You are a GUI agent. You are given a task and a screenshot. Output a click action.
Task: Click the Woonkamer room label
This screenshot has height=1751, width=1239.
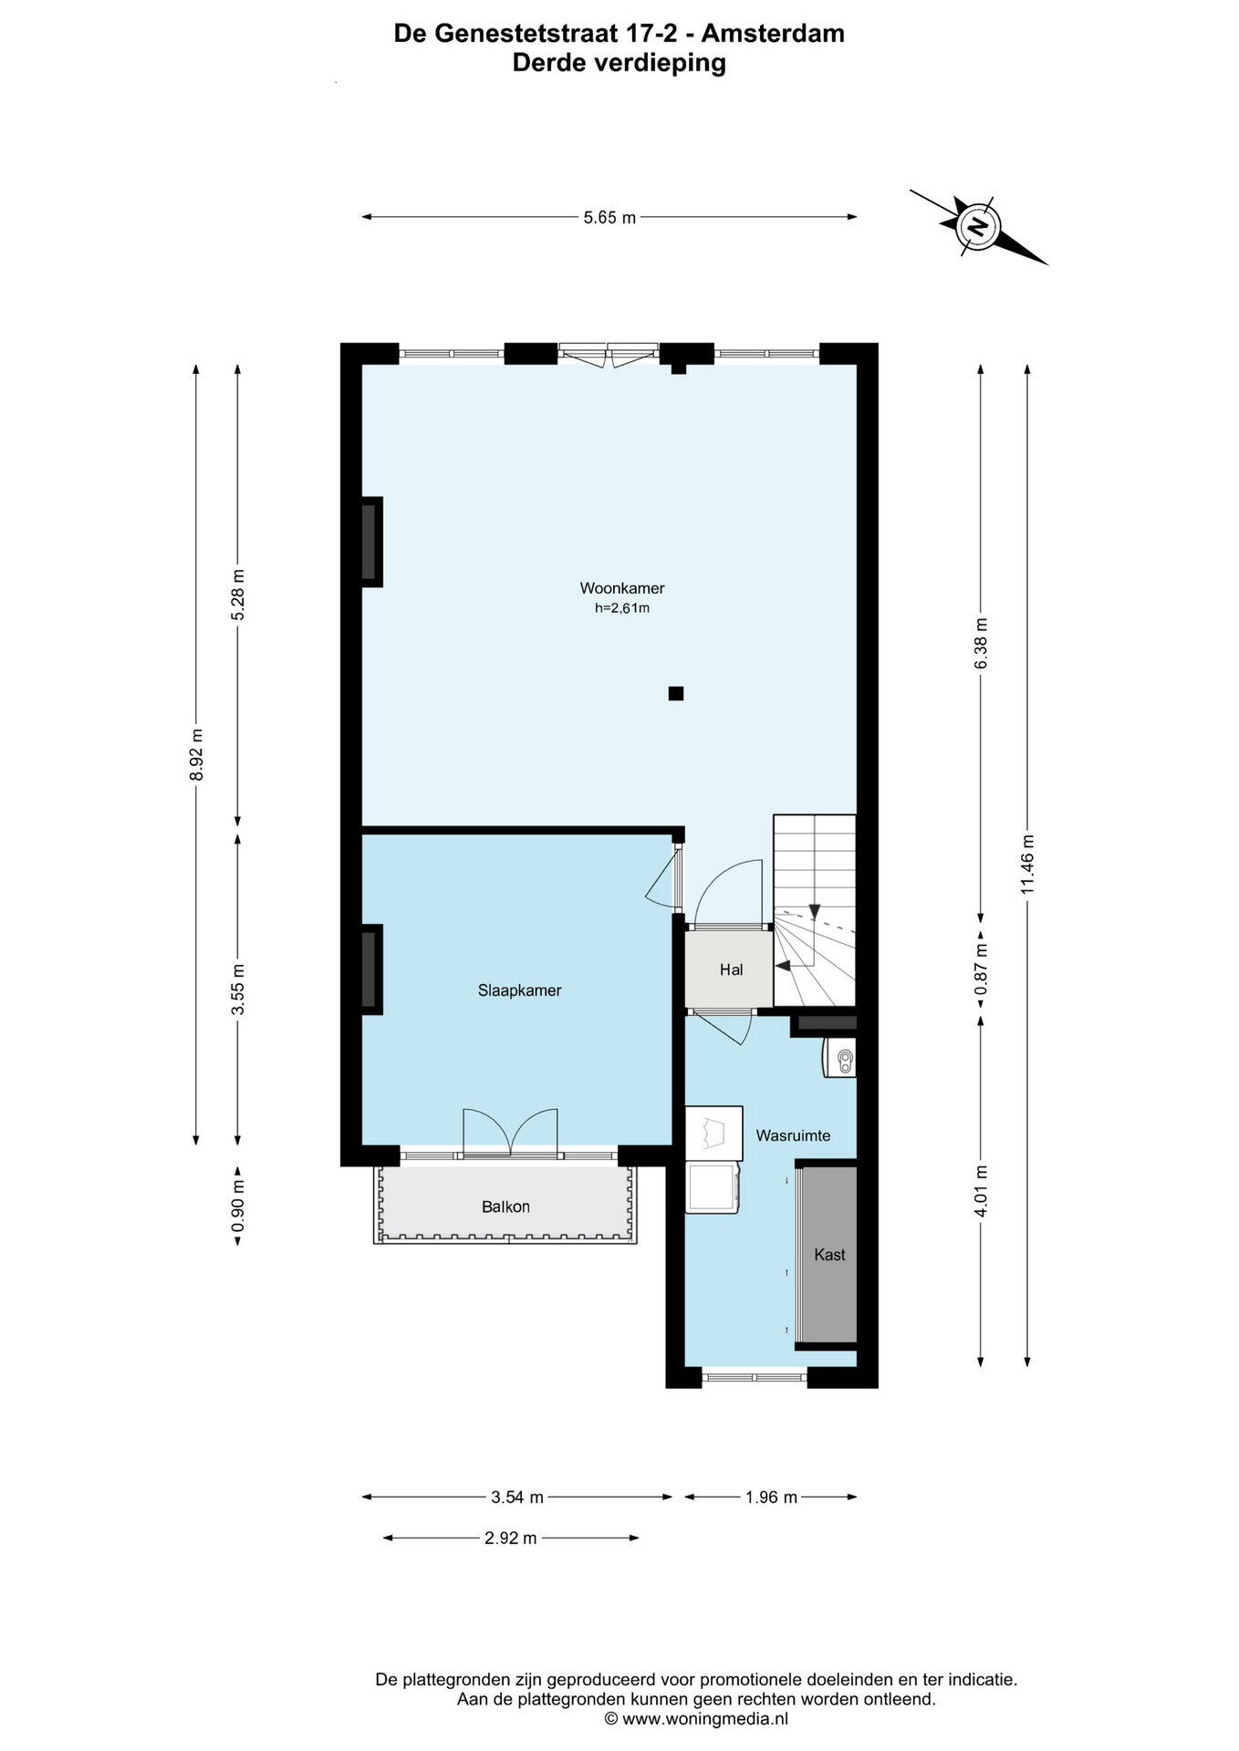pyautogui.click(x=622, y=588)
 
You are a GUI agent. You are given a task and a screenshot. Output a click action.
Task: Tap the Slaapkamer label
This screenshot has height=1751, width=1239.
pyautogui.click(x=519, y=990)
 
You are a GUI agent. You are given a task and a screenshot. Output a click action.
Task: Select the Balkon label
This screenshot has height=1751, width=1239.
pyautogui.click(x=505, y=1207)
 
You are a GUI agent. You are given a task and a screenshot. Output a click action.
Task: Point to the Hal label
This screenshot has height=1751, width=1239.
pyautogui.click(x=731, y=969)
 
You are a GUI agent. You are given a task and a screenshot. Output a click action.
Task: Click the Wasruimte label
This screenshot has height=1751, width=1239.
pyautogui.click(x=793, y=1135)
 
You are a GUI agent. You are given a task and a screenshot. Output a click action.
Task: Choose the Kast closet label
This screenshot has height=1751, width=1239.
pyautogui.click(x=829, y=1255)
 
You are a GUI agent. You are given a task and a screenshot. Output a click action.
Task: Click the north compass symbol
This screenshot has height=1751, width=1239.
pyautogui.click(x=978, y=225)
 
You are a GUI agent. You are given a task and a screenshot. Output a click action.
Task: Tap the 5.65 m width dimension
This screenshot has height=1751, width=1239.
pyautogui.click(x=609, y=217)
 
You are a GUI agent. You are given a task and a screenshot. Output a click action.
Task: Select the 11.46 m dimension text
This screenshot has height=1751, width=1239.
pyautogui.click(x=1027, y=865)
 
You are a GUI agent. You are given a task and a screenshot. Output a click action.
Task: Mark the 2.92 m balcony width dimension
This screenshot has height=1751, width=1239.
pyautogui.click(x=510, y=1539)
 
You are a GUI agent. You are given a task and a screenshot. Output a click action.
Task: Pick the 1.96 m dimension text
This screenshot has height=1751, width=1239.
pyautogui.click(x=771, y=1497)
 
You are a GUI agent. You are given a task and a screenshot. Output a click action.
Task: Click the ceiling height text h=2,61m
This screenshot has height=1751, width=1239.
pyautogui.click(x=622, y=608)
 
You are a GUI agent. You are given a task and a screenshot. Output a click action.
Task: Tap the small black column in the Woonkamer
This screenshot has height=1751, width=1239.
pyautogui.click(x=676, y=693)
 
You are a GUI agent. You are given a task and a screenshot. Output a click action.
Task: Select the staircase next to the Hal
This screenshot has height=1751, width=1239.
pyautogui.click(x=815, y=910)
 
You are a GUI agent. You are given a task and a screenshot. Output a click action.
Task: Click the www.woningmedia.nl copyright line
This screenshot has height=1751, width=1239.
pyautogui.click(x=696, y=1719)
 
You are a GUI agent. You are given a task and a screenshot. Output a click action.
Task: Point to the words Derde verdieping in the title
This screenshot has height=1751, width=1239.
pyautogui.click(x=619, y=63)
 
